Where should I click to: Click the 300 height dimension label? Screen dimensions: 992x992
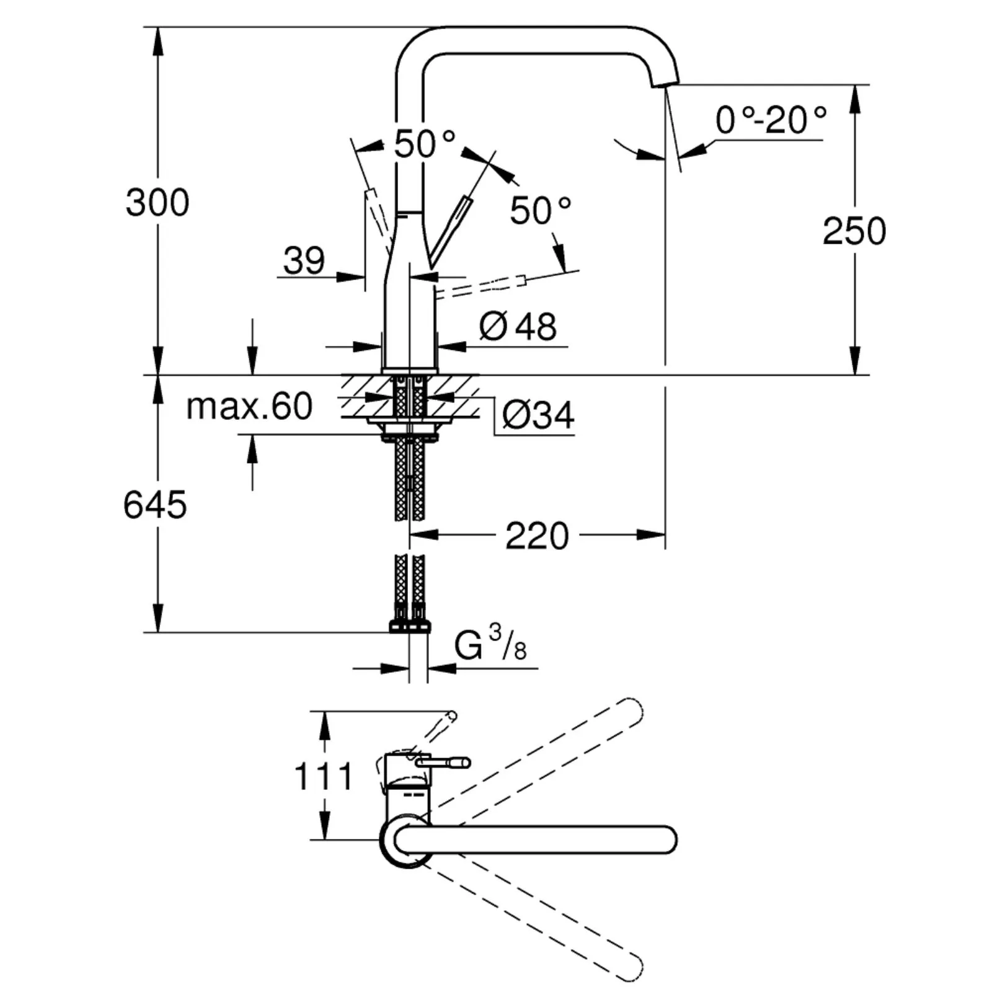(157, 202)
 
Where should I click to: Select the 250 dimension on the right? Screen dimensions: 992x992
(854, 231)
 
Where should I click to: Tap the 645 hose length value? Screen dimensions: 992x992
(154, 504)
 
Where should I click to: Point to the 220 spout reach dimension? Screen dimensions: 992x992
(536, 536)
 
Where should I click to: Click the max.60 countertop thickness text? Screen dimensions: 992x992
(249, 407)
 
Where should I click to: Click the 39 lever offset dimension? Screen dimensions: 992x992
(304, 260)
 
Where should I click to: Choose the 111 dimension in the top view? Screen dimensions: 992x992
(323, 776)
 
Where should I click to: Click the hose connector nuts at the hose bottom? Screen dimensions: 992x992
(409, 626)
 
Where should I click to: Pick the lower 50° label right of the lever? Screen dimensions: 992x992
(540, 210)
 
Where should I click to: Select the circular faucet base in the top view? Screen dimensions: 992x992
(406, 842)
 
